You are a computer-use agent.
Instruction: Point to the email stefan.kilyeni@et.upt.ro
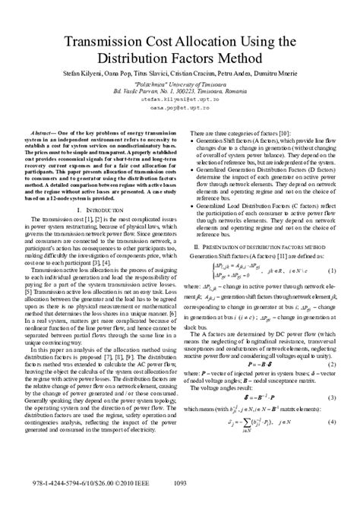click(179, 100)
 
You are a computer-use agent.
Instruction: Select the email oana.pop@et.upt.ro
click(179, 109)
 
